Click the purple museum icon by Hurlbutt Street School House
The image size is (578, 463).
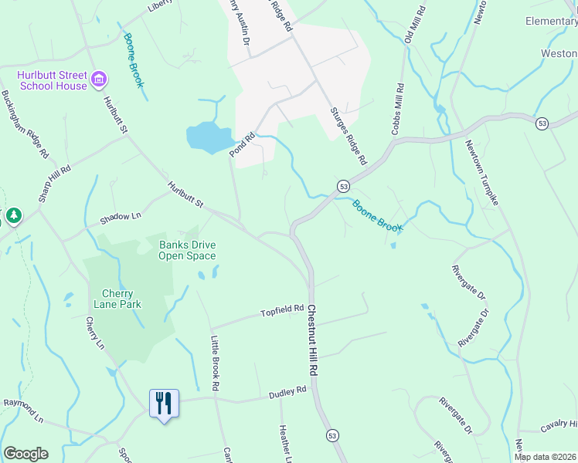point(99,79)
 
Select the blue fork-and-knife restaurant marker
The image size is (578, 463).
point(164,404)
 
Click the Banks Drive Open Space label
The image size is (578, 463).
point(187,250)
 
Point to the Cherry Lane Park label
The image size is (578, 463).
point(117,299)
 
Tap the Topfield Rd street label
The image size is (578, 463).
point(282,310)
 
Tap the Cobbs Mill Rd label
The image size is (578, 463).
point(399,110)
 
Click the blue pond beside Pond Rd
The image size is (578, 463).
point(209,137)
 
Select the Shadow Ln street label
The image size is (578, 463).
point(121,219)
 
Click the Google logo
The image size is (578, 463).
point(25,454)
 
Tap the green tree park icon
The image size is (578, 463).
point(14,216)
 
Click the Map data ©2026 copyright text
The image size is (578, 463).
point(546,457)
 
